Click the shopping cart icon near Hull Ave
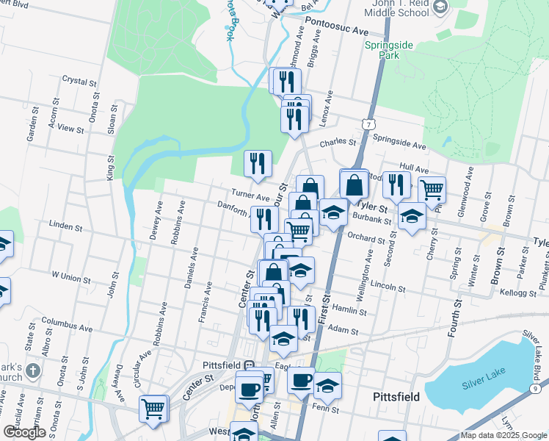tap(432, 190)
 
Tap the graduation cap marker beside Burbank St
tap(412, 216)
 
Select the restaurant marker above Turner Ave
tap(258, 163)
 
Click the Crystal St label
tap(75, 79)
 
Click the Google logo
tap(24, 432)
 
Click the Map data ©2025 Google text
tap(503, 435)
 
